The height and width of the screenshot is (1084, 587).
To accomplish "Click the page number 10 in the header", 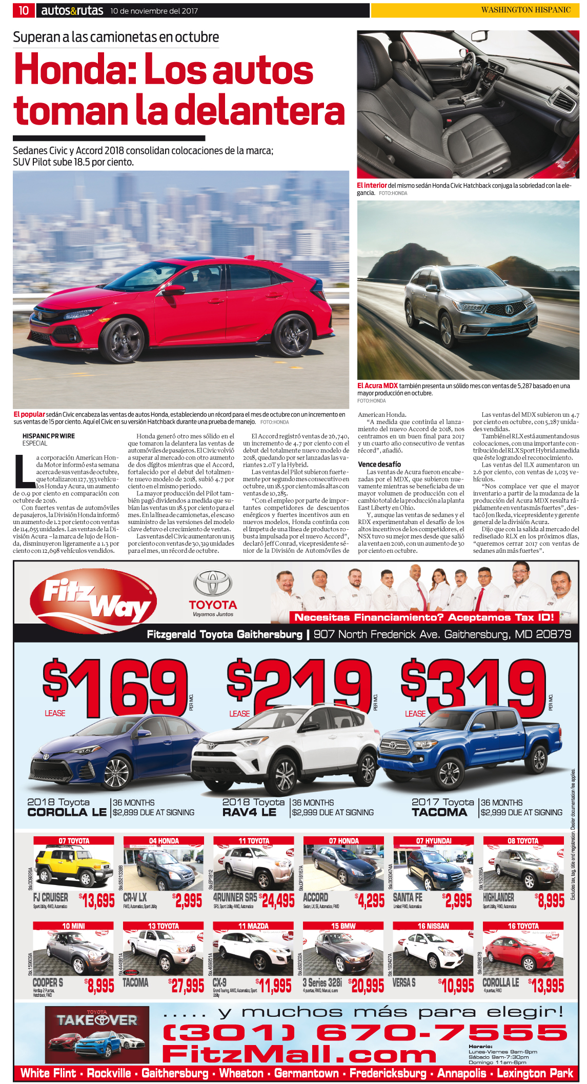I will click(24, 10).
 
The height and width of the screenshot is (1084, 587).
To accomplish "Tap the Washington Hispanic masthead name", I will click(525, 10).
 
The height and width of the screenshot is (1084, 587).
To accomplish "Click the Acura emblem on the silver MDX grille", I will click(509, 309).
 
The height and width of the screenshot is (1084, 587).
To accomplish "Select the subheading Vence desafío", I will click(379, 464).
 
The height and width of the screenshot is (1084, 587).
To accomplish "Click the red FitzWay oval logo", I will click(93, 599).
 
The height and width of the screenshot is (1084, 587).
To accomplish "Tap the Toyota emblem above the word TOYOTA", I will click(213, 584).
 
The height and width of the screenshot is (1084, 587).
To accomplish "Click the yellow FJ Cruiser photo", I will click(73, 868).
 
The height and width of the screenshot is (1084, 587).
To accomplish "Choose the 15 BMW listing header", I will click(343, 926).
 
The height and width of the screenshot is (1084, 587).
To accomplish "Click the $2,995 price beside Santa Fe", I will click(457, 900).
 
